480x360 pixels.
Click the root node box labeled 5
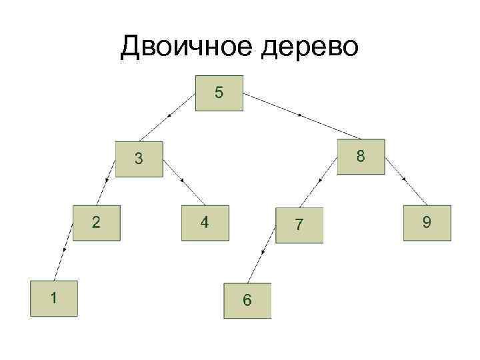coord(219,93)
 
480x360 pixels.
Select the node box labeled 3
coord(139,159)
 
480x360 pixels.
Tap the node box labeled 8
coord(360,157)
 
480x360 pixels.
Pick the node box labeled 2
coord(97,222)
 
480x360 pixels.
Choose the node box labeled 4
coord(205,222)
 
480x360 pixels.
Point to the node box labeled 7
coord(299,225)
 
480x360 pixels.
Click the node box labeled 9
coord(427,222)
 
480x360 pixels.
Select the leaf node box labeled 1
coord(53,297)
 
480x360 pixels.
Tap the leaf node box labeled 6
coord(247,301)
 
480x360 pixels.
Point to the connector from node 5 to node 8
coord(300,116)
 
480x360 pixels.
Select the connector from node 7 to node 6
coord(264,251)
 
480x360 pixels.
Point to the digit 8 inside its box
coord(360,157)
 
